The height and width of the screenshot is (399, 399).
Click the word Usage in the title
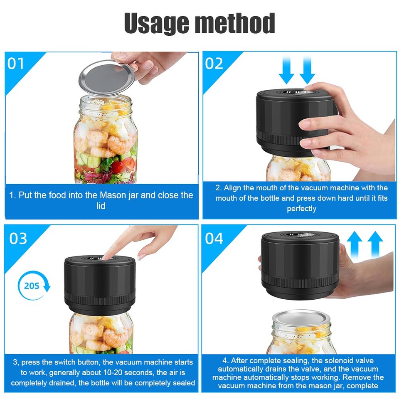pyautogui.click(x=156, y=23)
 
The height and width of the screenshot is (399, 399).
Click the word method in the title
pyautogui.click(x=234, y=23)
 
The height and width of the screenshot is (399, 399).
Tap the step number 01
pyautogui.click(x=15, y=63)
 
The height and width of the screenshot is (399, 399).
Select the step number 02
pyautogui.click(x=214, y=63)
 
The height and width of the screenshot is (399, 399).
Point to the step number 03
pyautogui.click(x=18, y=239)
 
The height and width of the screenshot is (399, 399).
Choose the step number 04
pyautogui.click(x=214, y=239)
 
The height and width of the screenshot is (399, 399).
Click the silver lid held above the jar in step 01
pyautogui.click(x=107, y=78)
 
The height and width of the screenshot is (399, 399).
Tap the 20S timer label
pyautogui.click(x=32, y=286)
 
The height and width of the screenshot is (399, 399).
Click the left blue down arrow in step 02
pyautogui.click(x=286, y=70)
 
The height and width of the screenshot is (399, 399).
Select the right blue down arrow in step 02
pyautogui.click(x=307, y=70)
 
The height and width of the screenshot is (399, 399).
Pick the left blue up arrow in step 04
pyautogui.click(x=355, y=245)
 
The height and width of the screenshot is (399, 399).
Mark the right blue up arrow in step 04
pyautogui.click(x=375, y=245)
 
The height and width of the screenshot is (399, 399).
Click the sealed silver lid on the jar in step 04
pyautogui.click(x=301, y=318)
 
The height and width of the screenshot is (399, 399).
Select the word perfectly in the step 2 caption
pyautogui.click(x=302, y=209)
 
